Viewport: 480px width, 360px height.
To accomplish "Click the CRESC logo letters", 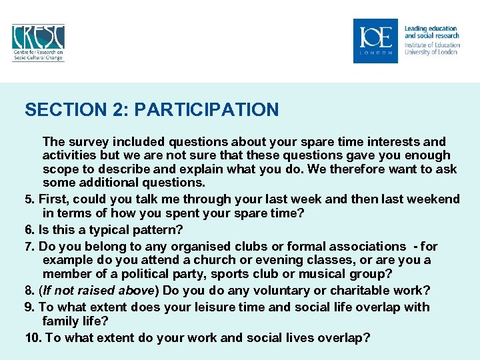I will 38,36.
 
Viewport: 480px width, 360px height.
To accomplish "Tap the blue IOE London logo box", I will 375,41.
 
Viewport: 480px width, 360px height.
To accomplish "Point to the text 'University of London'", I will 431,52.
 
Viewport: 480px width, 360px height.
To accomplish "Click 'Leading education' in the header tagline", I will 431,29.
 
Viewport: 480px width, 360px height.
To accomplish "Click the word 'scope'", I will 61,169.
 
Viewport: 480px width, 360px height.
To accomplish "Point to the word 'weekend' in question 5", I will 433,199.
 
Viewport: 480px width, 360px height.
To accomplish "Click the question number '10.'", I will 33,338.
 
